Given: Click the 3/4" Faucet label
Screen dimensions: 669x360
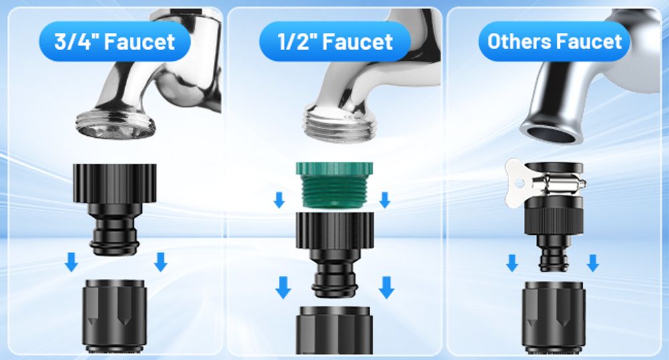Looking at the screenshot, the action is [115, 41].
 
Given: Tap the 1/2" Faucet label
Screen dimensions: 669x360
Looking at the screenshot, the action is [335, 41].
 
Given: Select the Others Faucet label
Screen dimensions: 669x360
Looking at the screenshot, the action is [554, 41].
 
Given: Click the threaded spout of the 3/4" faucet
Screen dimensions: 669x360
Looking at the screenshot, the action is [115, 124].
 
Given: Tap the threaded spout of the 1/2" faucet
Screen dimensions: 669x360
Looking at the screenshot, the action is [340, 124].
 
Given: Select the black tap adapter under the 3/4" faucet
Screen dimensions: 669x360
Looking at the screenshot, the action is [114, 209].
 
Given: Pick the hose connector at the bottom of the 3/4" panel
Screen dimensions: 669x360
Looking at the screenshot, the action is [114, 316].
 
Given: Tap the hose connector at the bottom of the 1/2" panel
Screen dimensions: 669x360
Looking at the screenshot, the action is [334, 330].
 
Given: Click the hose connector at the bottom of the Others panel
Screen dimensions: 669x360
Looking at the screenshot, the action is [553, 317].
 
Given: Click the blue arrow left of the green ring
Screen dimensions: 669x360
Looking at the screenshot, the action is [279, 199].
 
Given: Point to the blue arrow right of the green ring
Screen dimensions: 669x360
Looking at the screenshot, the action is [385, 199].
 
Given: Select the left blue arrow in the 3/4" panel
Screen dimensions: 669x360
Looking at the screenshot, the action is [72, 262].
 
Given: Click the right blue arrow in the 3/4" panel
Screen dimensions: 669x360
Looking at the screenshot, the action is [161, 262].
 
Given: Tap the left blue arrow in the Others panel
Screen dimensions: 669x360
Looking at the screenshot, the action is [512, 263].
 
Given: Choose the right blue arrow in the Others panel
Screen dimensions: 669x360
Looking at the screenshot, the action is [593, 263].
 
